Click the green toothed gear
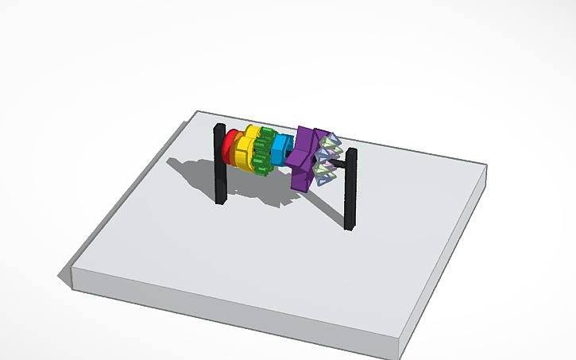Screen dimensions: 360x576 tap(265, 147)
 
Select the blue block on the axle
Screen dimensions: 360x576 tap(282, 149)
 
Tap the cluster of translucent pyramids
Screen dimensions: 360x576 tap(328, 157)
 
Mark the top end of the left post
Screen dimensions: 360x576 tap(219, 128)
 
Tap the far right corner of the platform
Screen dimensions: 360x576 tap(485, 166)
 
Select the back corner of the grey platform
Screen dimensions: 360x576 tap(199, 112)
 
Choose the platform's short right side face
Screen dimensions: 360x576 tap(445, 262)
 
